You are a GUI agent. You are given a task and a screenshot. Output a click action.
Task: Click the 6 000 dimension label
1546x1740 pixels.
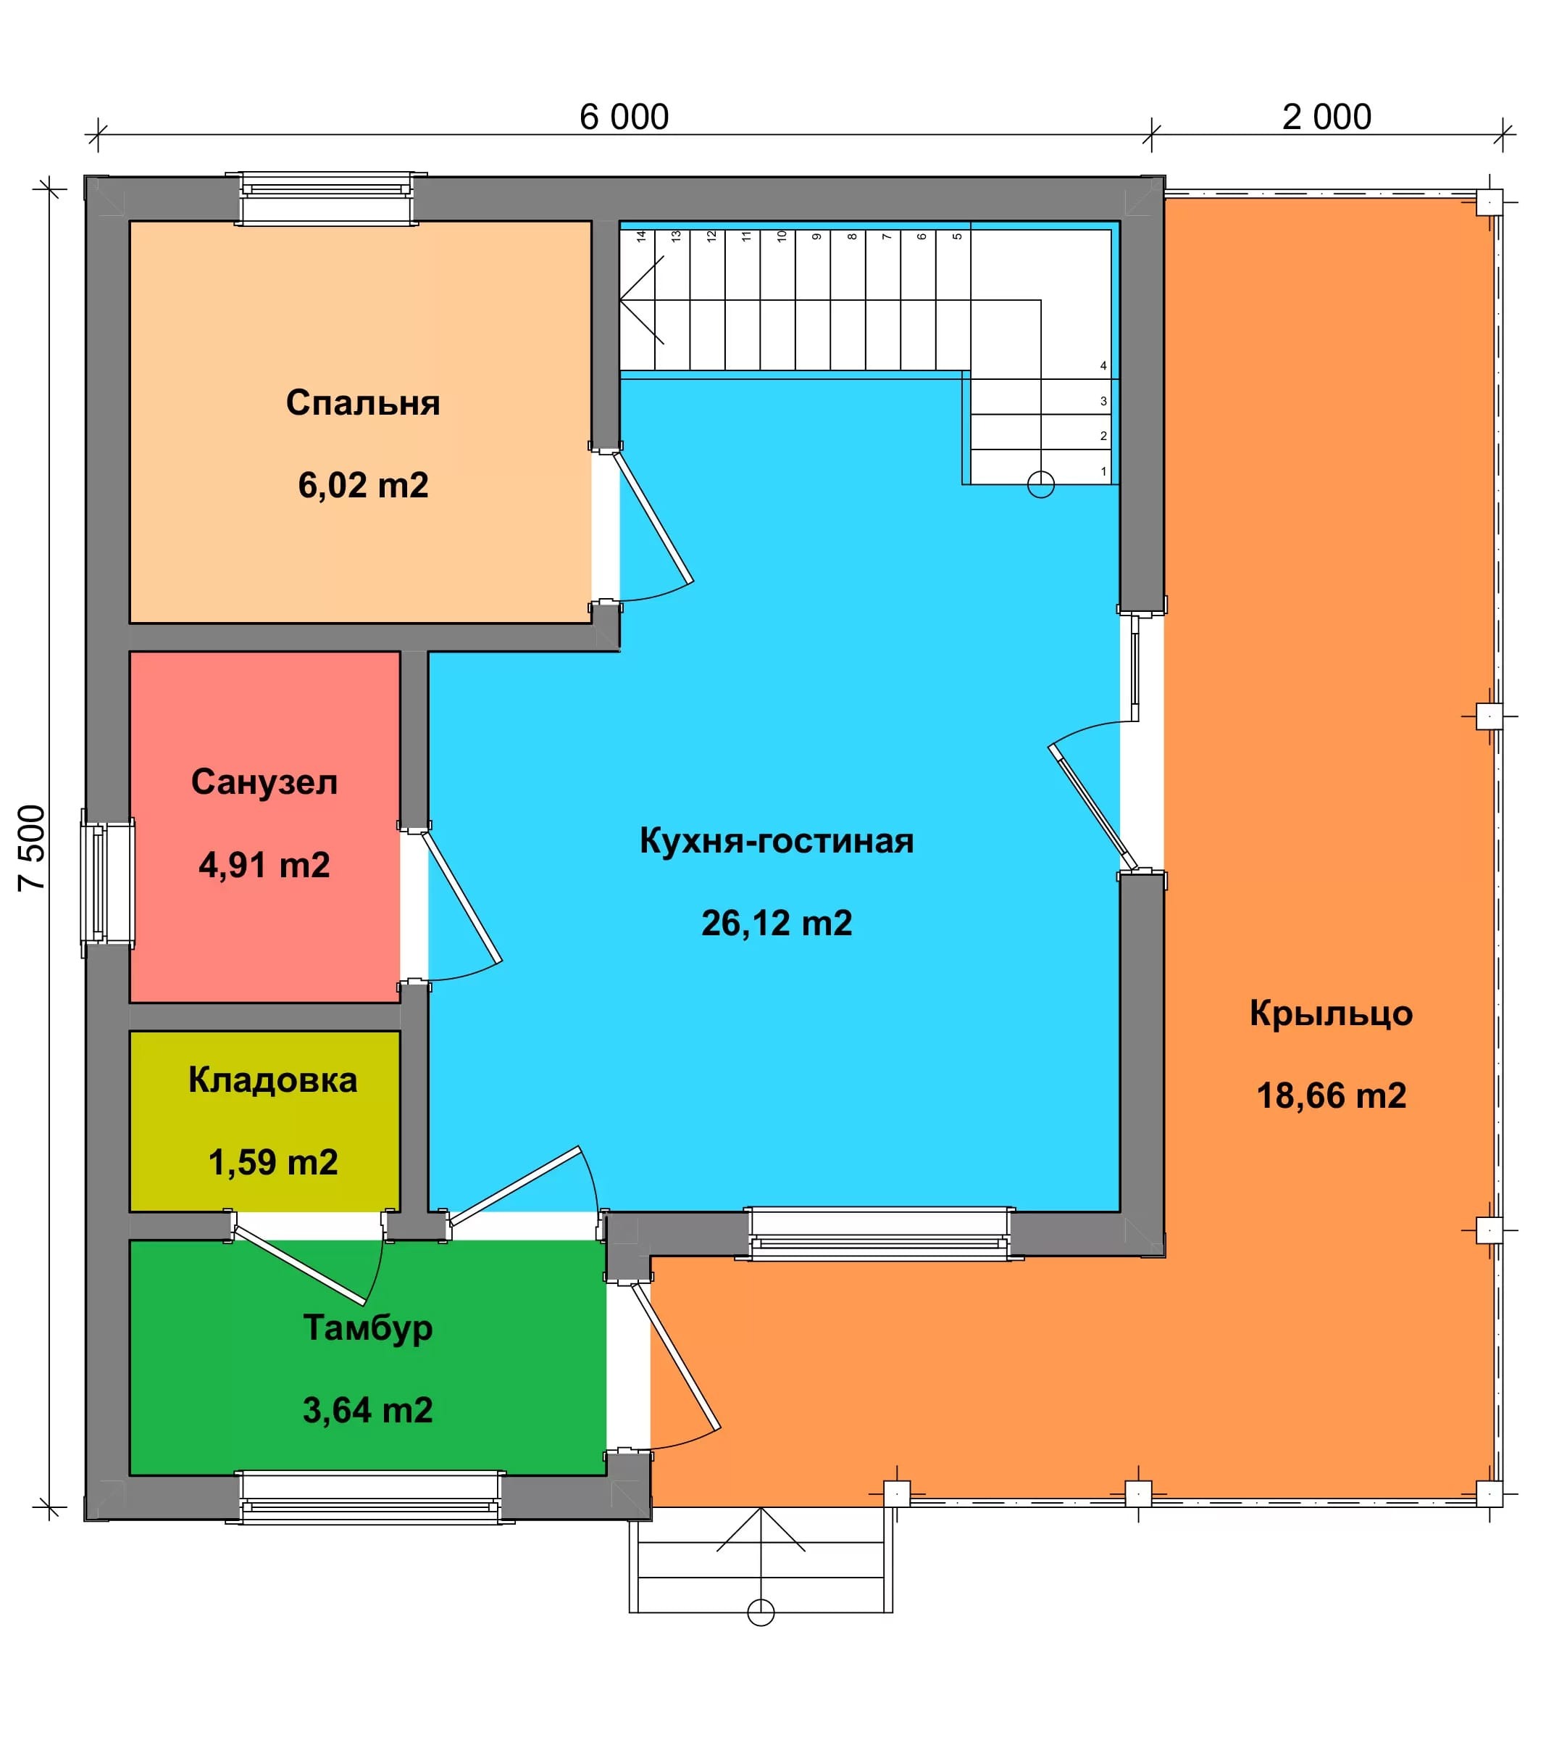624,117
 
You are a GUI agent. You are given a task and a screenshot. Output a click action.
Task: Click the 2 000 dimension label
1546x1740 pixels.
1326,117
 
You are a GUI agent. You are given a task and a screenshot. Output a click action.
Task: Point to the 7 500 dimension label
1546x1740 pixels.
31,848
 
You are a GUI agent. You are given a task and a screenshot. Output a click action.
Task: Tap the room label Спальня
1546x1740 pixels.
362,402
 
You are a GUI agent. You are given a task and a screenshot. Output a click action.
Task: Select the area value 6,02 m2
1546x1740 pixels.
363,485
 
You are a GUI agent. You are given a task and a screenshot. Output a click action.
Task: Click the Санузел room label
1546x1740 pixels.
264,782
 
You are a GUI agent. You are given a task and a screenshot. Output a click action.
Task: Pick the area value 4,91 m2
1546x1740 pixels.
264,865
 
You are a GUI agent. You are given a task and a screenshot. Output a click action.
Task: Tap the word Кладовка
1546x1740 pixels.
273,1080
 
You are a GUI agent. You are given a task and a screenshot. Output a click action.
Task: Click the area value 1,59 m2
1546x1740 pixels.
273,1162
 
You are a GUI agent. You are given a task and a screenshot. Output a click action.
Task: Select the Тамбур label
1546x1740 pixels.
367,1328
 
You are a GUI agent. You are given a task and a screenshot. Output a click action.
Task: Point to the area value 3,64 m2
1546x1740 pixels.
367,1411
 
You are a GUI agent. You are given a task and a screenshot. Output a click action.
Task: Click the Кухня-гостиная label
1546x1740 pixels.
777,841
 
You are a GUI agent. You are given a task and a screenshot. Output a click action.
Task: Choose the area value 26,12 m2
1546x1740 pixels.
777,924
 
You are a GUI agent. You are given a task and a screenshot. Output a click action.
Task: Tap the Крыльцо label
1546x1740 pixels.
1331,1014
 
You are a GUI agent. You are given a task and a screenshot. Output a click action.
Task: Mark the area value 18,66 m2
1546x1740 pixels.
1332,1096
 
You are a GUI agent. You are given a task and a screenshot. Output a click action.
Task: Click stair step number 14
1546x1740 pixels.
642,236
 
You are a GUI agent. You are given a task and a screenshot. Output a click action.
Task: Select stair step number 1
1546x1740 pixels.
1103,471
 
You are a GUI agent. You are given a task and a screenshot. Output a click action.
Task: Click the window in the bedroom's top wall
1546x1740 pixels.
326,199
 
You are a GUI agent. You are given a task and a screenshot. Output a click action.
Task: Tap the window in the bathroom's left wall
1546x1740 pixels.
107,884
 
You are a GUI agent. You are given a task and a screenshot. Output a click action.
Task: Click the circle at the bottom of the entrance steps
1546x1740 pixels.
761,1612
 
